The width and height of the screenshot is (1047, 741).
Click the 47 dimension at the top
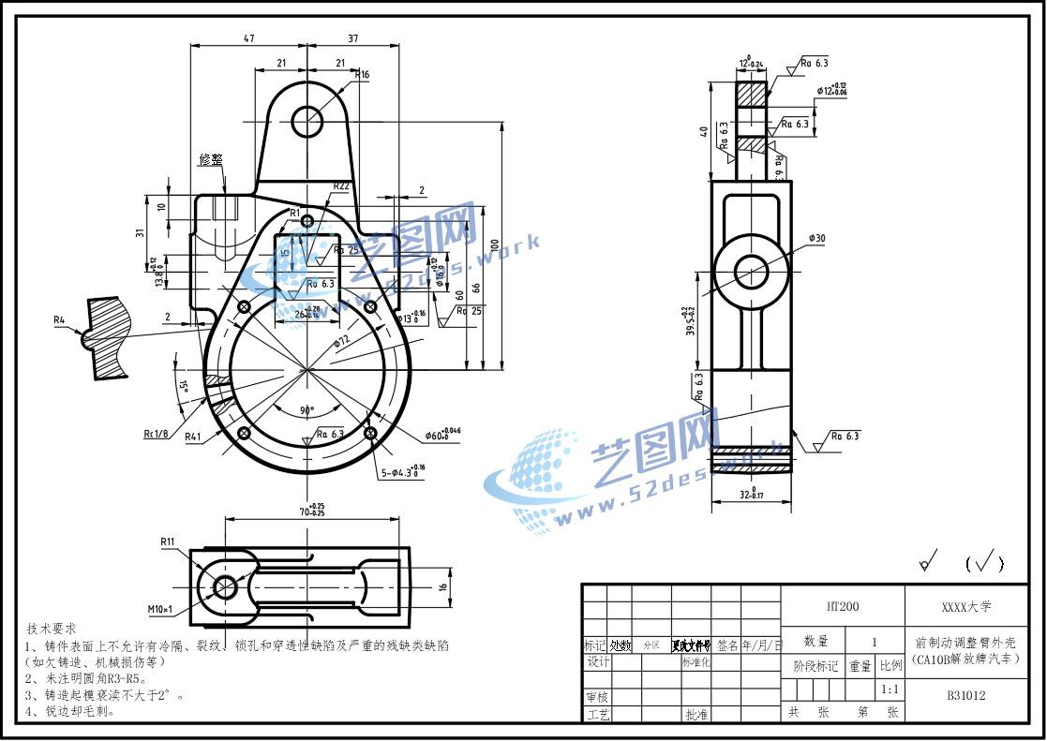248,38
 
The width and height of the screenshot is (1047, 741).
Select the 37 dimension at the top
353,38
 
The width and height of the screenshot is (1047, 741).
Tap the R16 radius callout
362,74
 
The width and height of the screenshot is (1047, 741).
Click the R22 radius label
341,185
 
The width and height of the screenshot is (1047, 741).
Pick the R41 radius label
192,437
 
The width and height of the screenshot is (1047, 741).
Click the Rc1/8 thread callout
156,434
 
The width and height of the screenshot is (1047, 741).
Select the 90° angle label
307,410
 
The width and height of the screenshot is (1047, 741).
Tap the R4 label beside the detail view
60,320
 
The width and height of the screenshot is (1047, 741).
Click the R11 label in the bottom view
168,541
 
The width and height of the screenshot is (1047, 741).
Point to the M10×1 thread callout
160,610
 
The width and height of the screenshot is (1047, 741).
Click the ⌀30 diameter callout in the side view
816,238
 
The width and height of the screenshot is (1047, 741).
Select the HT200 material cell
842,606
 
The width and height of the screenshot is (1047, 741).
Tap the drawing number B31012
965,695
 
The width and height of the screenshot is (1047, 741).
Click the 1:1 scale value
890,689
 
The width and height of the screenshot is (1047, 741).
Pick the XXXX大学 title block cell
965,606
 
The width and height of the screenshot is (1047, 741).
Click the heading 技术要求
52,628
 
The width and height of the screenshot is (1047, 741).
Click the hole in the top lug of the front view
307,121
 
